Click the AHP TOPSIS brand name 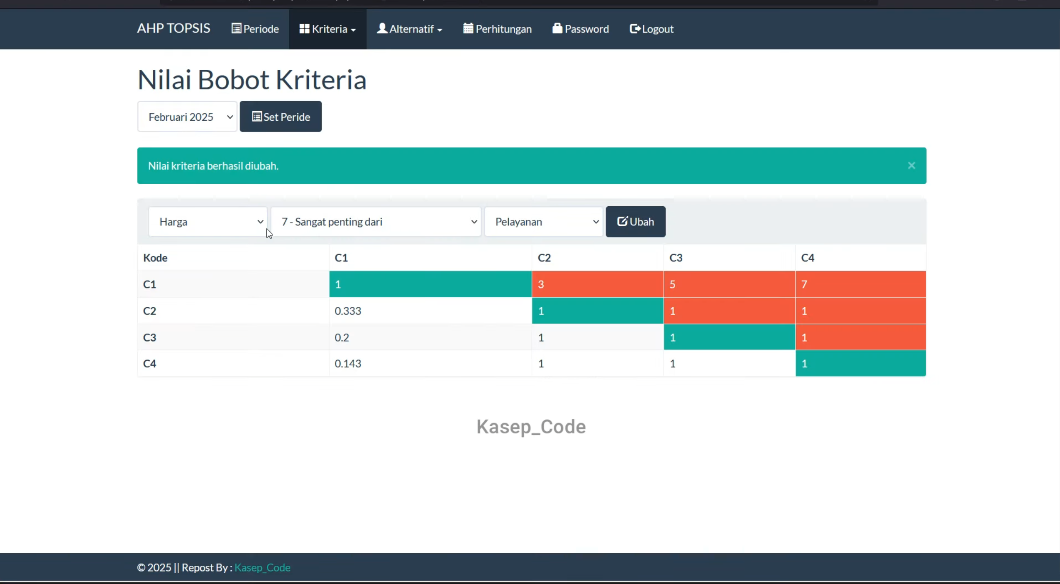tap(173, 29)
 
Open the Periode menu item tap(255, 29)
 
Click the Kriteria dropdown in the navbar tap(327, 29)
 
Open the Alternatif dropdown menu tap(409, 29)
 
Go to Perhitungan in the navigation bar tap(497, 29)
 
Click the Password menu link tap(580, 29)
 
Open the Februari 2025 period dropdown tap(187, 117)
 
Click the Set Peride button tap(281, 117)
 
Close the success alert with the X tap(911, 166)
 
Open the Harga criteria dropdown tap(208, 222)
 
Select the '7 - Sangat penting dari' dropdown tap(376, 222)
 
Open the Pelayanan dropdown tap(544, 222)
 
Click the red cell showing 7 tap(860, 284)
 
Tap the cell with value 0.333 tap(430, 311)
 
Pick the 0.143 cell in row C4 tap(430, 364)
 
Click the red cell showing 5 tap(729, 284)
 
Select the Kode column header tap(155, 258)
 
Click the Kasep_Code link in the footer tap(262, 567)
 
